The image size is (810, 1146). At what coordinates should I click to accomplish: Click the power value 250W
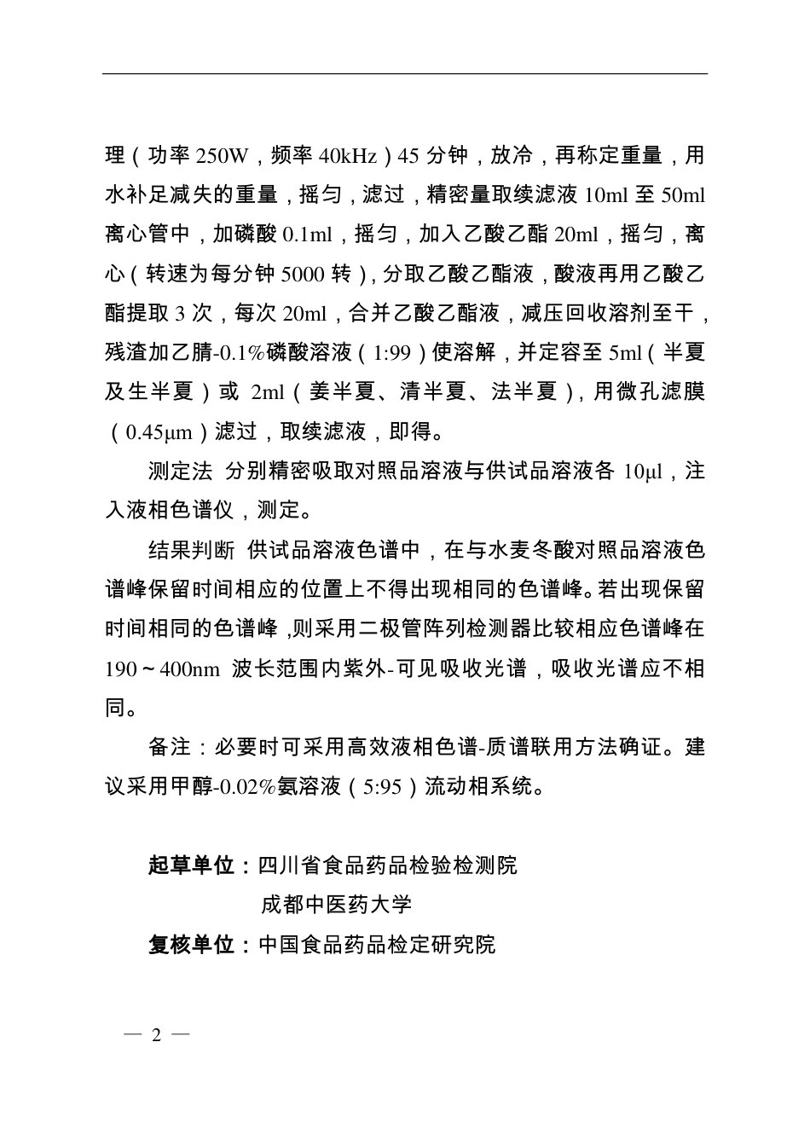222,157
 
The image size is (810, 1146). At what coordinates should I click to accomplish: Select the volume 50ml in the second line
684,196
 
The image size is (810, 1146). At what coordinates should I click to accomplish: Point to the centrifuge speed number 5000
303,275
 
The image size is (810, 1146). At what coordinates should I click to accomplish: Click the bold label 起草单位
191,865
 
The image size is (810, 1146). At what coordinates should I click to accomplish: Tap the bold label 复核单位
191,945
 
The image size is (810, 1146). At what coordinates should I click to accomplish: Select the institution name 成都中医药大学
337,905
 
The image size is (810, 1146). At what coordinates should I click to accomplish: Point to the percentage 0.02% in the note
242,786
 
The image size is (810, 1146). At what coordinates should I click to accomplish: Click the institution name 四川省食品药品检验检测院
387,865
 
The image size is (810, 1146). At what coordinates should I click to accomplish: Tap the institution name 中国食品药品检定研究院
376,945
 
